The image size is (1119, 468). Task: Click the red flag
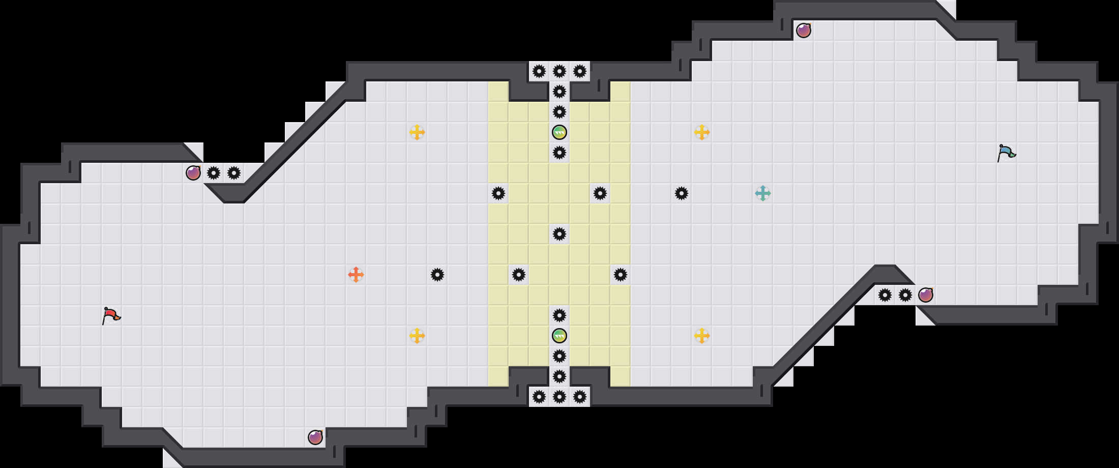111,315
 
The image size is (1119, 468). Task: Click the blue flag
1006,153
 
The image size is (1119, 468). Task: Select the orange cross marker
356,275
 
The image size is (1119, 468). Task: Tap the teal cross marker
763,193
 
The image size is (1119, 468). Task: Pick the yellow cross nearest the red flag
417,336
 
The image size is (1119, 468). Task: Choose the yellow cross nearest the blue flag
702,132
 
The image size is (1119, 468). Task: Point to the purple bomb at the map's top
804,31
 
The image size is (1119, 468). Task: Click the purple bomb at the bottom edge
315,437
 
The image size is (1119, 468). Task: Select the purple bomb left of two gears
193,173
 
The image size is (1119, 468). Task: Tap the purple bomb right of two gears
926,295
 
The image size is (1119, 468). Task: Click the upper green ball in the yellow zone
559,132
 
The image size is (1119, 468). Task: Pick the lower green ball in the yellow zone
559,336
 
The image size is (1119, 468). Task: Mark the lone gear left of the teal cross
682,193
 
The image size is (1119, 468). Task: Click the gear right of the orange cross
437,275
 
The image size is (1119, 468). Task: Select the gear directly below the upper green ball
559,153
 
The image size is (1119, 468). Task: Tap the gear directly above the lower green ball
559,315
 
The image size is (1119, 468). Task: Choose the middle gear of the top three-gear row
559,71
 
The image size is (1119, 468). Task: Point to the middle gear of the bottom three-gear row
559,397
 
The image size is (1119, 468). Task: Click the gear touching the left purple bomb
214,173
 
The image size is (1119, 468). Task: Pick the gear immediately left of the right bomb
905,295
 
